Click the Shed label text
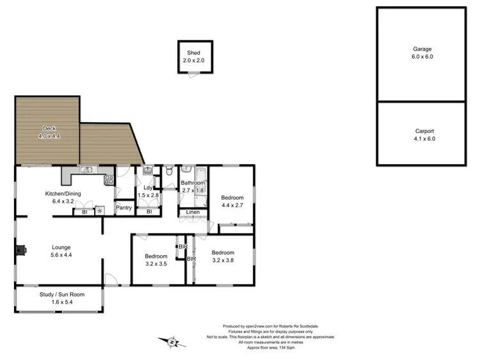194,53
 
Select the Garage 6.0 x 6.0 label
422,52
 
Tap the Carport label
422,134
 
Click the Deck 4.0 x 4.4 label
45,132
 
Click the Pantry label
124,208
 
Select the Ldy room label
147,191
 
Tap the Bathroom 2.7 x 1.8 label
193,187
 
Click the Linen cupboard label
193,212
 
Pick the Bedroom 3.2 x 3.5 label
156,259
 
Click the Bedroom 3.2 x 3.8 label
223,256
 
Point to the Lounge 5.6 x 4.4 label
61,251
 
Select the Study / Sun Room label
62,298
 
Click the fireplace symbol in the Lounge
22,249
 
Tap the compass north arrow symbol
172,342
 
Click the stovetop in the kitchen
109,179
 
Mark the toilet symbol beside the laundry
168,171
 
